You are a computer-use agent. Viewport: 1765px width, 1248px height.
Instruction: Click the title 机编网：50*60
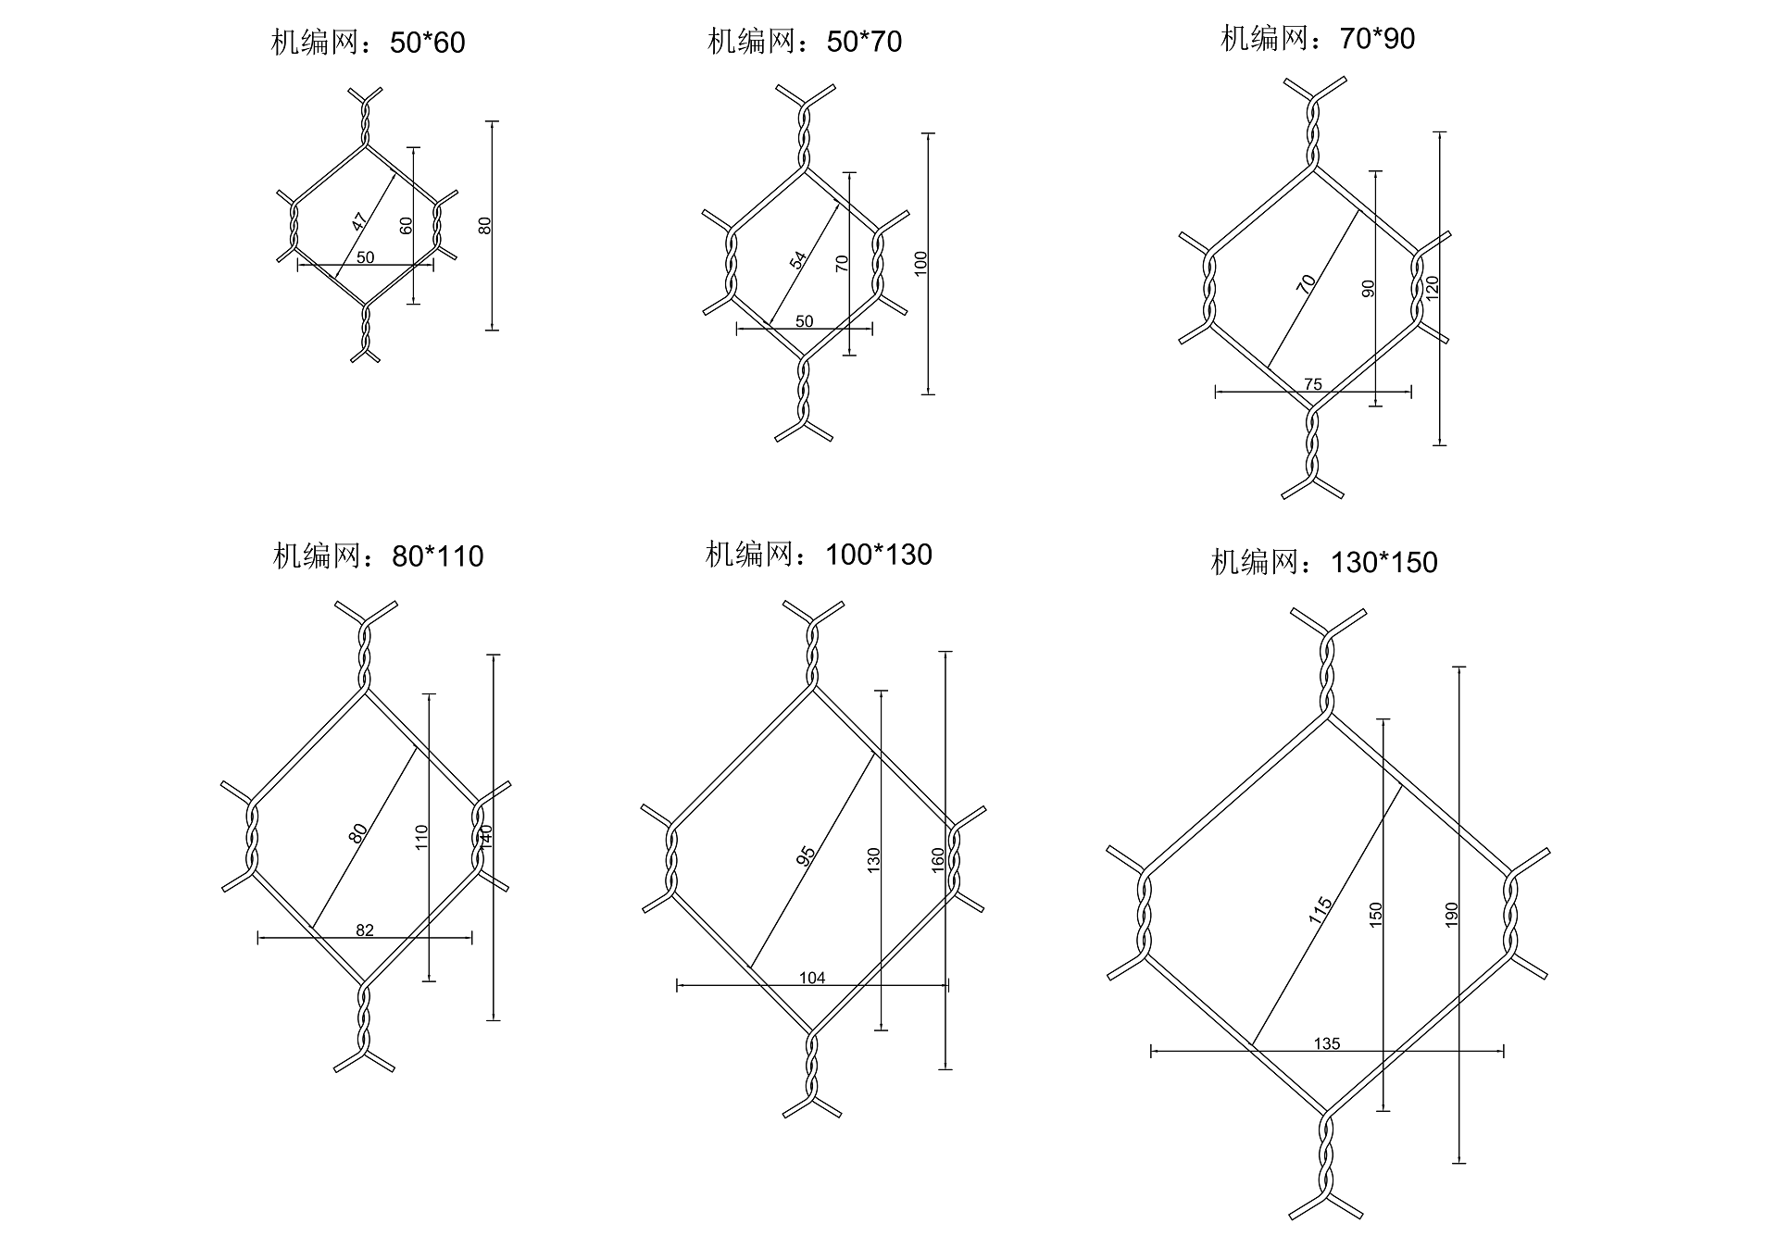[x=368, y=43]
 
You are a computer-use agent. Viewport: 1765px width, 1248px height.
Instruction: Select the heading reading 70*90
[x=1318, y=39]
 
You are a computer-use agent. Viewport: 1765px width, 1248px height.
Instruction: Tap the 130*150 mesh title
[x=1324, y=562]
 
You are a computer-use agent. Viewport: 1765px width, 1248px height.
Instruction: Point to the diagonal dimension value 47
[x=358, y=221]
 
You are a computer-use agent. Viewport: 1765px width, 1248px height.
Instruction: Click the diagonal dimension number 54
[x=797, y=260]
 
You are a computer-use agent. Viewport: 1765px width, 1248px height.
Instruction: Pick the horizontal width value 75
[x=1312, y=384]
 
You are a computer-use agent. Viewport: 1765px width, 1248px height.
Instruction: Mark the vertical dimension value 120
[x=1433, y=288]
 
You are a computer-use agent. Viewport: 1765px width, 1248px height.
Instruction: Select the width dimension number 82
[x=365, y=930]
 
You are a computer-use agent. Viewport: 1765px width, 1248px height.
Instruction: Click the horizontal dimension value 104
[x=811, y=978]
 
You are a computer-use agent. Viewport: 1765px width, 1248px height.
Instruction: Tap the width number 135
[x=1326, y=1043]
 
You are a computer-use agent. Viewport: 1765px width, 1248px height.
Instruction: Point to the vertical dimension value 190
[x=1451, y=915]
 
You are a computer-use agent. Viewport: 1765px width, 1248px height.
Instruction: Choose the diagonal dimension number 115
[x=1321, y=911]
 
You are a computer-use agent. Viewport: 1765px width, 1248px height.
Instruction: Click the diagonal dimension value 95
[x=806, y=856]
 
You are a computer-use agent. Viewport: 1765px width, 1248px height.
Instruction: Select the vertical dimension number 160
[x=937, y=860]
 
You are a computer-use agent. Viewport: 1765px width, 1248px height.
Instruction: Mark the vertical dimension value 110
[x=421, y=838]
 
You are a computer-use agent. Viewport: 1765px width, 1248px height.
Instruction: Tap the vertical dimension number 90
[x=1369, y=288]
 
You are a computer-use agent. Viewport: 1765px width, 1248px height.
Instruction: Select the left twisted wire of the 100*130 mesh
[x=670, y=859]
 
